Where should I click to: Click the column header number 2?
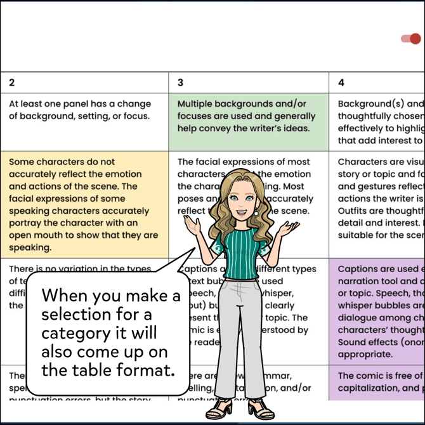[12, 82]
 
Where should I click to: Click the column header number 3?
[181, 82]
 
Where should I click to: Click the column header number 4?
[341, 82]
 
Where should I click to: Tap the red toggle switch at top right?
[411, 39]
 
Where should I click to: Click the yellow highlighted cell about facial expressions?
[84, 204]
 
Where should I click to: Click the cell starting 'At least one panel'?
[82, 110]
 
